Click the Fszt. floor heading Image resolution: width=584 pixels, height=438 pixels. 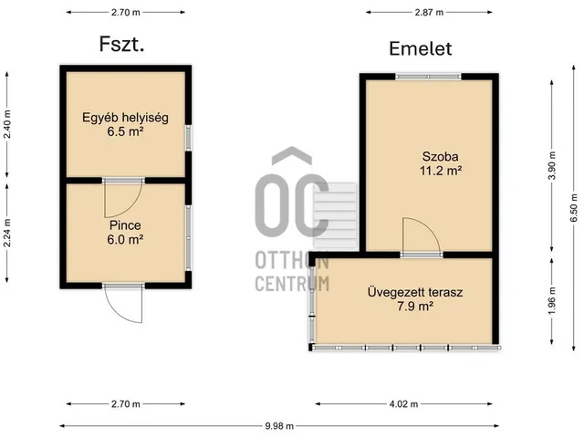click(121, 44)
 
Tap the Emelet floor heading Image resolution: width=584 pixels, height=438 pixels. click(421, 48)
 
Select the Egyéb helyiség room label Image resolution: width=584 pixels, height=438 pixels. click(125, 118)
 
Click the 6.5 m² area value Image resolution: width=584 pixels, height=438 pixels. click(125, 131)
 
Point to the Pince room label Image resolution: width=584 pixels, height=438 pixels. click(125, 225)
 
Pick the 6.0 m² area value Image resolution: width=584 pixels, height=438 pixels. click(125, 239)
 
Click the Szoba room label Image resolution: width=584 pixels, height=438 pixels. click(440, 156)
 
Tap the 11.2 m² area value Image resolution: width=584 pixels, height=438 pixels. click(441, 171)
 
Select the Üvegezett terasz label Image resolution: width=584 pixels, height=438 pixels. click(415, 292)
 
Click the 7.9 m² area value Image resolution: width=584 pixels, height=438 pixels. click(415, 307)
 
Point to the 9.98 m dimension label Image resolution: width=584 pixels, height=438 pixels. click(279, 426)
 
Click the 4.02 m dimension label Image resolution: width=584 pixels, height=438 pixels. click(403, 403)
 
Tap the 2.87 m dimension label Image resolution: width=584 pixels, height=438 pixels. click(429, 12)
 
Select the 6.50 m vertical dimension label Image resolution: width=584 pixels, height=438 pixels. click(574, 208)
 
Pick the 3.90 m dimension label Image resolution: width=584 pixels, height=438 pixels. click(552, 166)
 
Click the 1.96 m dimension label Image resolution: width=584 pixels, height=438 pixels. click(552, 300)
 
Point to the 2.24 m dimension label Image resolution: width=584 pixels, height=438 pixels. click(7, 233)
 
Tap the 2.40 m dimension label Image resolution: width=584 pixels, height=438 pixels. click(7, 124)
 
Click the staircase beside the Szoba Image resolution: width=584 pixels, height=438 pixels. click(335, 216)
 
